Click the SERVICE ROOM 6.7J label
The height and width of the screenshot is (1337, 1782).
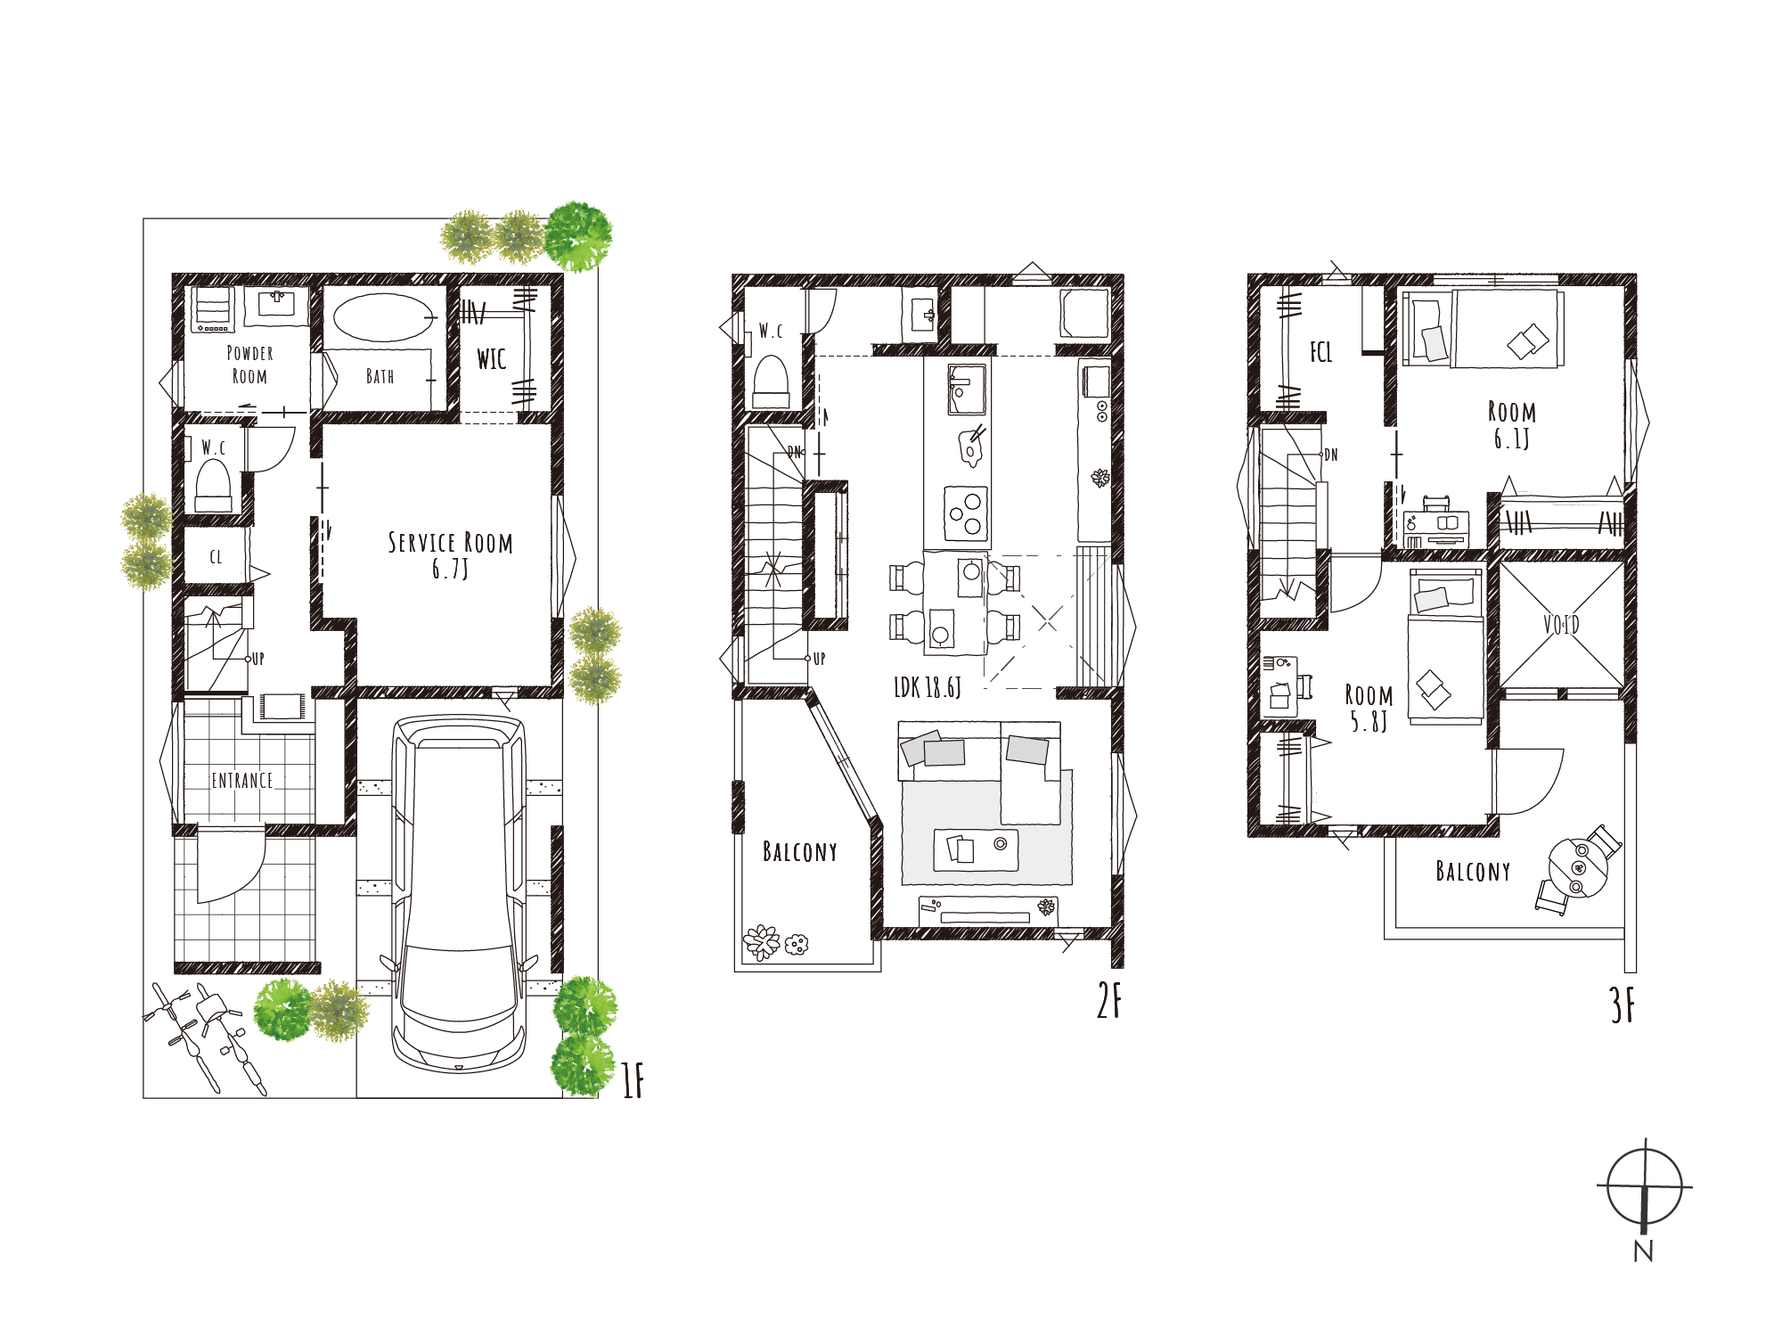450,554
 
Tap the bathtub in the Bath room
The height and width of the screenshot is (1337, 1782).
384,317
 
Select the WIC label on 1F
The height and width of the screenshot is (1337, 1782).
491,359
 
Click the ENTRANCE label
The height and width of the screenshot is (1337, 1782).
242,781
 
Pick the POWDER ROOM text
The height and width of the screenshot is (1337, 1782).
249,365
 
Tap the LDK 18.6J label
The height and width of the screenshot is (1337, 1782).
928,687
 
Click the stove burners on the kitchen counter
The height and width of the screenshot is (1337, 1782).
966,513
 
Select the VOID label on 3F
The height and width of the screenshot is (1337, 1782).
1561,625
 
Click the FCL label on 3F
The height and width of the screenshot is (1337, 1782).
1320,352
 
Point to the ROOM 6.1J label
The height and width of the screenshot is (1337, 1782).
1512,425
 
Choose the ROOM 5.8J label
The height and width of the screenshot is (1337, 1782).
1369,709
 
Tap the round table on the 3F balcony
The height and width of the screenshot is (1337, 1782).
1578,868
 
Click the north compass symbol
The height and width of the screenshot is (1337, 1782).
1644,1188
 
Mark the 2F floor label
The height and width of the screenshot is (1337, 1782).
1109,1000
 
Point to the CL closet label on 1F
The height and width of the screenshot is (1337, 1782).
216,557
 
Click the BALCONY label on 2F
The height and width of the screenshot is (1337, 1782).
800,852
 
